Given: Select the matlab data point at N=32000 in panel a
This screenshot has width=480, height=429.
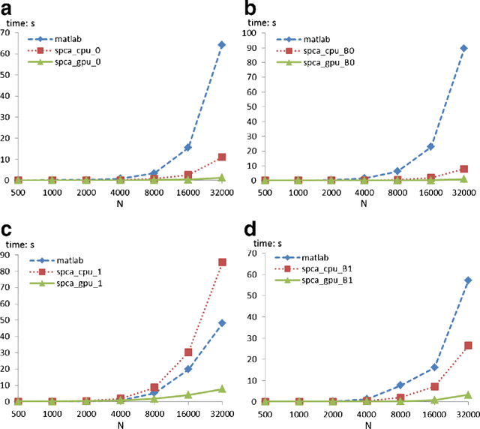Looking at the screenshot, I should [221, 45].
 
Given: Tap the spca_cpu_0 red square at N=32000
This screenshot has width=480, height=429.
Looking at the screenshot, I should [221, 157].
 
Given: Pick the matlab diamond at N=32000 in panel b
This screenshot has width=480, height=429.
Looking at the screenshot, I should [463, 48].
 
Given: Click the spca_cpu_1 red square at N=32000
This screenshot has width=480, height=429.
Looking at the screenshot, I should [221, 262].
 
